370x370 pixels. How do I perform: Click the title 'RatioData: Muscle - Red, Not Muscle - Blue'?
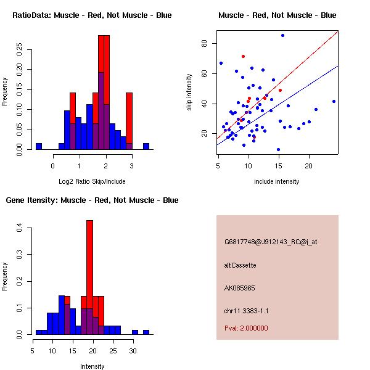pos(92,15)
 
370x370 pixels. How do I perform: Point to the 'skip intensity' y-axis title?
pos(190,92)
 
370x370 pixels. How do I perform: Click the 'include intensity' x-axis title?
pos(277,182)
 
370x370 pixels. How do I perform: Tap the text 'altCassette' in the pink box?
pos(240,265)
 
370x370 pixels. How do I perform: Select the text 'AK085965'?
pos(240,288)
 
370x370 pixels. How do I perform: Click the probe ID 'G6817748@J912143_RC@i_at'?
pos(271,242)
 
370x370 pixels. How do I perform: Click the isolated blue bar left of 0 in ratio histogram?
pos(38,146)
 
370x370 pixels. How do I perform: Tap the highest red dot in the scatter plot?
pos(243,56)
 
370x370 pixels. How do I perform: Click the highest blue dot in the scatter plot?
pos(282,35)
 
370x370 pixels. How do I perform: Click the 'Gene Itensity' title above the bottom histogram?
pos(92,200)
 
